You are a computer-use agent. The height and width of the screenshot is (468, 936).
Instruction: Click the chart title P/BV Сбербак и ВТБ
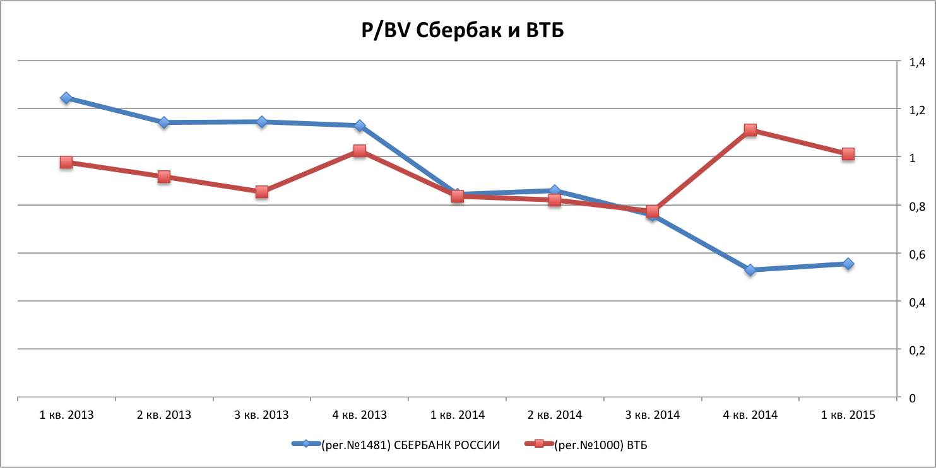461,31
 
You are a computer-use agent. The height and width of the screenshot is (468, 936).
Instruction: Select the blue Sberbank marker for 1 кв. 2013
66,98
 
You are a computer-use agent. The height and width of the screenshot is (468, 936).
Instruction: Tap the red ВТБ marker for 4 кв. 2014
750,131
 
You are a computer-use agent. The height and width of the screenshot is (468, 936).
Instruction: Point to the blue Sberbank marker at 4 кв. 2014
750,270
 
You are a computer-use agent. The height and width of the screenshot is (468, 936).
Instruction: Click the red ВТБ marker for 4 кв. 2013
359,151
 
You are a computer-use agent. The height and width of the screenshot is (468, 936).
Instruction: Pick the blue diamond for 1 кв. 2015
848,264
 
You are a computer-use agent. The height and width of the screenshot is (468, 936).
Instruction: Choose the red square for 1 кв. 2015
848,154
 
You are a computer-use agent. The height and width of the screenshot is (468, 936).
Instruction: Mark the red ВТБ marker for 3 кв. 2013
262,192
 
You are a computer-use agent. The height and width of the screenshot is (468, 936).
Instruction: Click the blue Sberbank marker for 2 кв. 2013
164,122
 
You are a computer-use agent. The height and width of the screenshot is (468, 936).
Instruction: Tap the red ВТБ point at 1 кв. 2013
66,163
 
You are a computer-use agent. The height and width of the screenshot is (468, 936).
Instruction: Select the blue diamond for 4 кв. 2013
359,126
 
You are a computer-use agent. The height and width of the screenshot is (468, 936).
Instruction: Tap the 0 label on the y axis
911,398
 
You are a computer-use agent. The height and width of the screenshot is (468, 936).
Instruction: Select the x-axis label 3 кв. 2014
652,415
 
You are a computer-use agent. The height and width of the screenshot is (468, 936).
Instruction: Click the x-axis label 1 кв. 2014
457,415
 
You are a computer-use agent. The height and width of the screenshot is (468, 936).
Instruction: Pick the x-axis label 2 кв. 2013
164,415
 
